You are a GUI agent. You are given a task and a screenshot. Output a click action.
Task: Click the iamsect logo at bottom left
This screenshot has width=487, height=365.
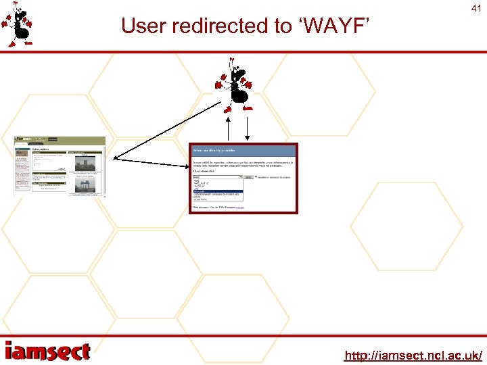coord(47,352)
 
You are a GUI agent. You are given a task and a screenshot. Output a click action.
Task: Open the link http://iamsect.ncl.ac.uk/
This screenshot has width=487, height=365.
coord(413,355)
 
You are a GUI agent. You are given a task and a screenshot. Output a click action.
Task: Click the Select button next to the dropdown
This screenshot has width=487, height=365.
coord(249,177)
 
